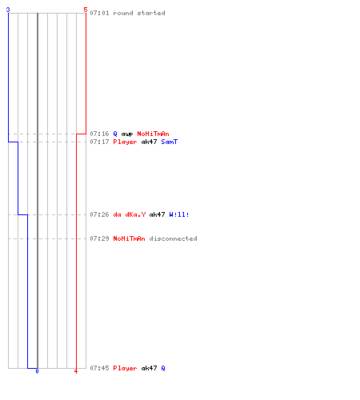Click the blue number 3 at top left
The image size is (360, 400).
[x=8, y=10]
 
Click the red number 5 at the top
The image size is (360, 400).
[x=86, y=10]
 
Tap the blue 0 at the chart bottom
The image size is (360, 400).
[x=37, y=371]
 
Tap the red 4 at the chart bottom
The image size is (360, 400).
[x=76, y=371]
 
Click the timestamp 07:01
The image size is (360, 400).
[x=99, y=13]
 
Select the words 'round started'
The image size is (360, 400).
[x=139, y=13]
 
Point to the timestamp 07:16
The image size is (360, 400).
[x=99, y=134]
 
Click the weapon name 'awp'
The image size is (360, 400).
[x=127, y=134]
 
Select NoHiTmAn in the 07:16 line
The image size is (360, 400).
[x=153, y=134]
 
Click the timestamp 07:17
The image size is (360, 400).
[x=99, y=142]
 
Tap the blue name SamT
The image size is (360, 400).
[x=170, y=142]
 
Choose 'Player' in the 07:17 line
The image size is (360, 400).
[x=125, y=142]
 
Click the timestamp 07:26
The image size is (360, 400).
[x=99, y=214]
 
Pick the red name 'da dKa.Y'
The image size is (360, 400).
[x=130, y=214]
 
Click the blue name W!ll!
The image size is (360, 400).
[x=179, y=214]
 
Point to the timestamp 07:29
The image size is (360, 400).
[x=99, y=238]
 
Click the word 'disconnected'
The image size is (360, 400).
[x=173, y=238]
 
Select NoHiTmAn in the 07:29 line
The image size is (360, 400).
[x=129, y=238]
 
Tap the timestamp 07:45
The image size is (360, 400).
[x=99, y=368]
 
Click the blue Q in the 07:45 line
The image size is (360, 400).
[x=163, y=368]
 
